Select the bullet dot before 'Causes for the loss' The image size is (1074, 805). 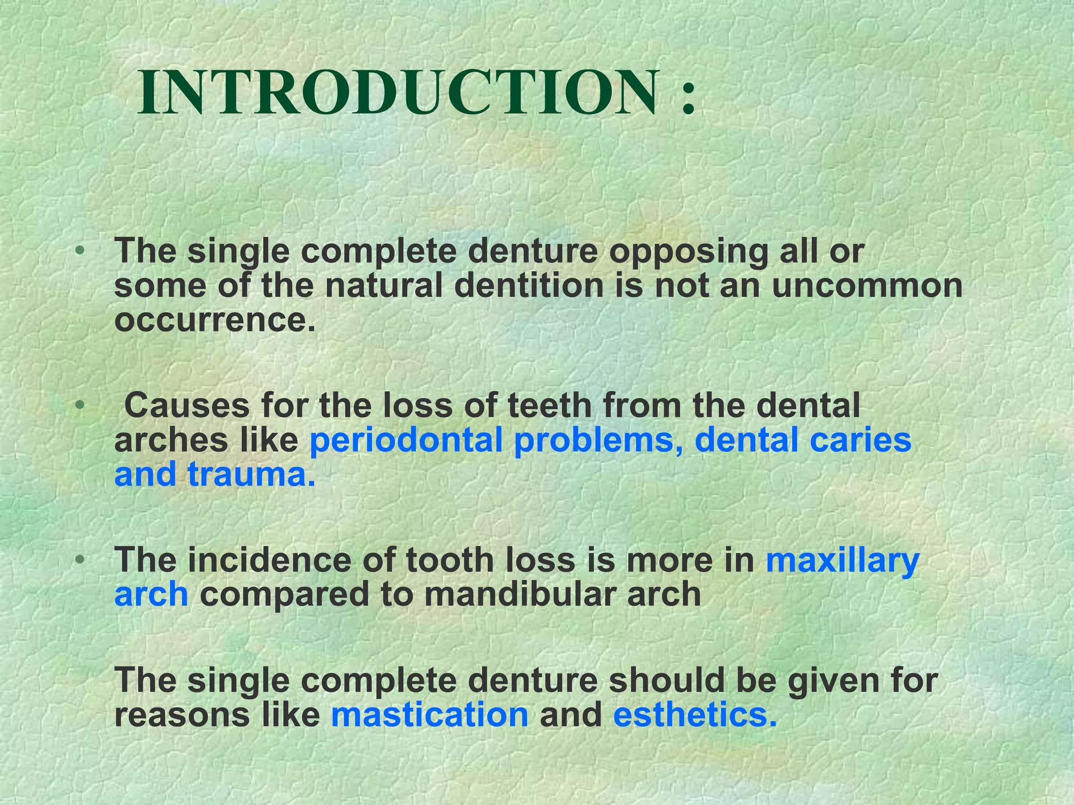point(79,405)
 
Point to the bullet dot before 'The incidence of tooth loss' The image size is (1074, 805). point(79,560)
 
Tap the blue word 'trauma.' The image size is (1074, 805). point(252,474)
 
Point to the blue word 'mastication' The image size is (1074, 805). point(429,715)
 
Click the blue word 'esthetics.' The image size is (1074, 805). point(695,715)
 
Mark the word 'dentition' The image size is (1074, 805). point(529,286)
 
